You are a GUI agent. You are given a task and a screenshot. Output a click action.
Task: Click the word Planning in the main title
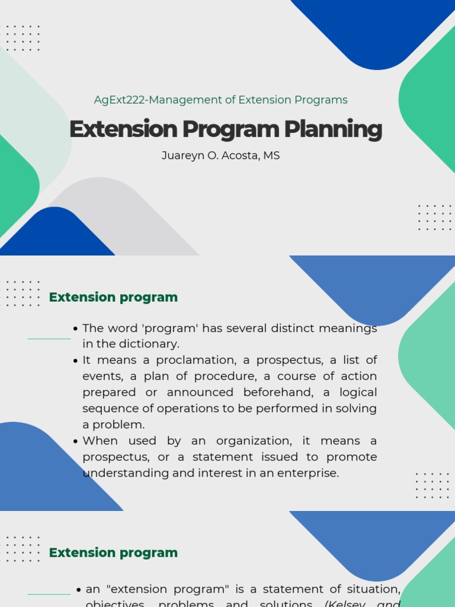(332, 129)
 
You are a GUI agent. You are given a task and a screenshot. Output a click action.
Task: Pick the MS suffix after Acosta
(271, 155)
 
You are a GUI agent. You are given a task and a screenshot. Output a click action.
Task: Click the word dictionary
(150, 344)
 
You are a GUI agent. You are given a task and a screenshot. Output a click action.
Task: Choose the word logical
(358, 392)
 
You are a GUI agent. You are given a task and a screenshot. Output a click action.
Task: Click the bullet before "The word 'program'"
(76, 329)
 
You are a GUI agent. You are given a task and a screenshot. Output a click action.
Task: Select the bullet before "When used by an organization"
(76, 442)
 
